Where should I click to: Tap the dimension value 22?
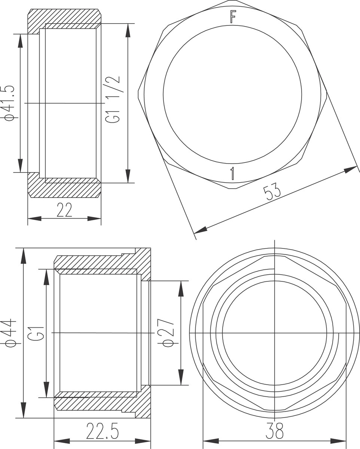64,210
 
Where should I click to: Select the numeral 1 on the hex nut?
232,173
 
